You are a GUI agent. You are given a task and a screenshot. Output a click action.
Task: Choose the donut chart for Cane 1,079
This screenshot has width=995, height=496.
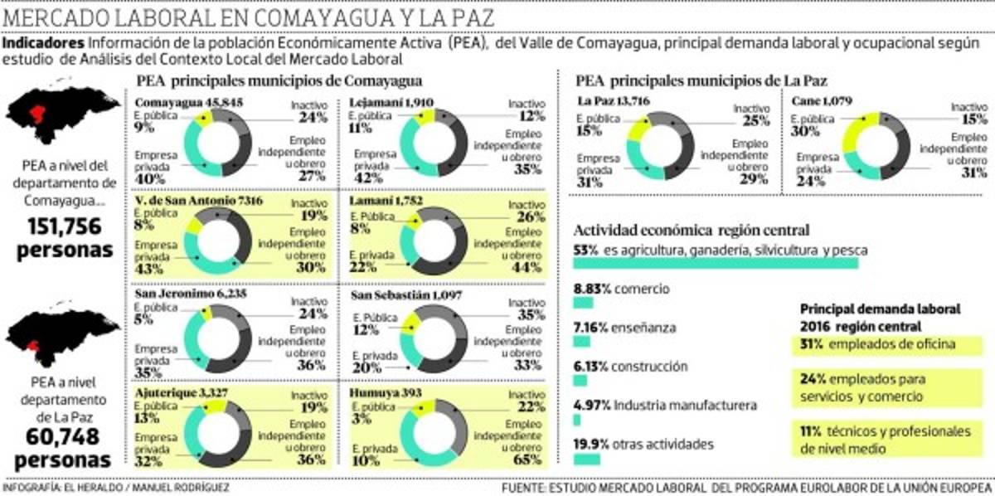(x=876, y=145)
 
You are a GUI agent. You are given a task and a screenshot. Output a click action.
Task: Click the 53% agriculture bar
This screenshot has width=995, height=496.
(x=716, y=263)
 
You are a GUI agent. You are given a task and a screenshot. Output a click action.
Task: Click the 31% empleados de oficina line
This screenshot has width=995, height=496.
(x=877, y=343)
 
